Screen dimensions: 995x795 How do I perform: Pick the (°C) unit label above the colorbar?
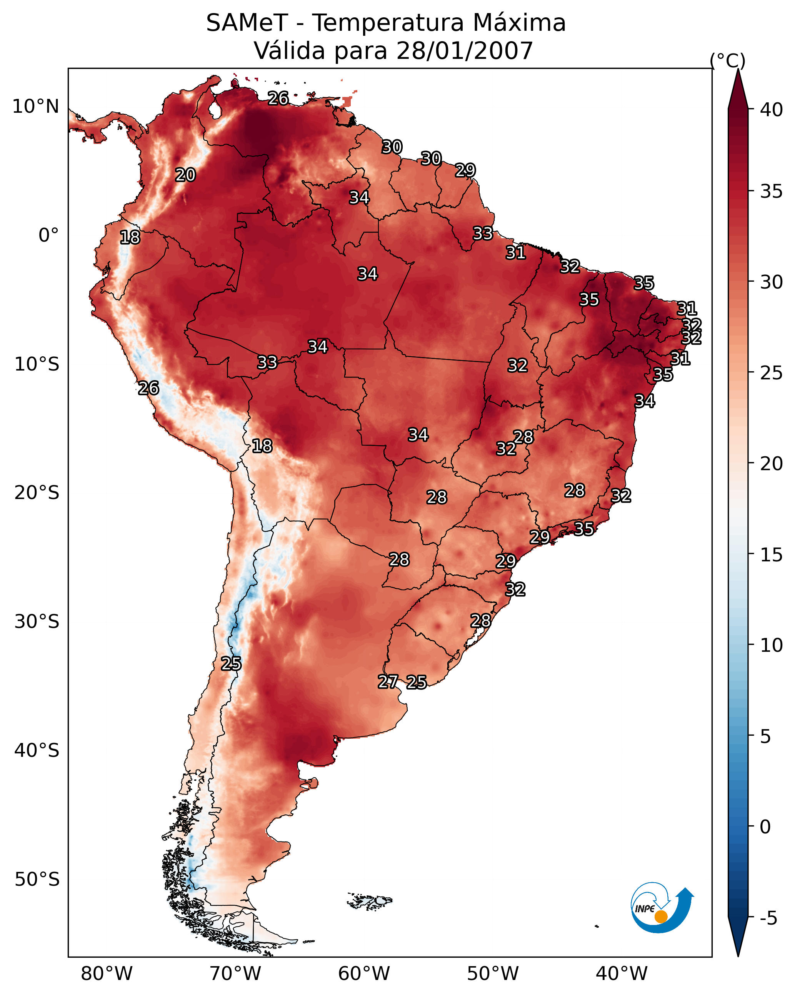(x=728, y=60)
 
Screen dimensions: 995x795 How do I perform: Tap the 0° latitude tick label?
(x=48, y=235)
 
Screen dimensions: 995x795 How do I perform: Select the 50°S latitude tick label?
(x=37, y=880)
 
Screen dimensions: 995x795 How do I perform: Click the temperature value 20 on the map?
(x=185, y=175)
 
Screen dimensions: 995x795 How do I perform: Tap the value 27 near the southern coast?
(x=388, y=682)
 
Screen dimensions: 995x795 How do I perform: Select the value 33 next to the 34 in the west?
(x=267, y=362)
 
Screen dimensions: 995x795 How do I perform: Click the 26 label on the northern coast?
(x=278, y=98)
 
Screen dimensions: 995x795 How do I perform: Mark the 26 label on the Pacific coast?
(x=148, y=388)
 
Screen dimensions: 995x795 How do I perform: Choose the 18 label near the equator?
(x=130, y=237)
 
